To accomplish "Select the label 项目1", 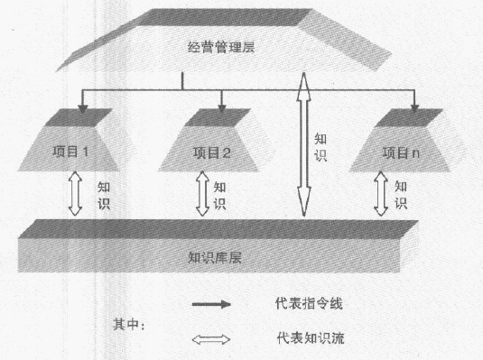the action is click(x=95, y=152).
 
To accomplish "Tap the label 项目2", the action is click(x=213, y=152).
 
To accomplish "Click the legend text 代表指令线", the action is click(x=311, y=304).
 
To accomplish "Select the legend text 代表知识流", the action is click(x=311, y=339).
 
